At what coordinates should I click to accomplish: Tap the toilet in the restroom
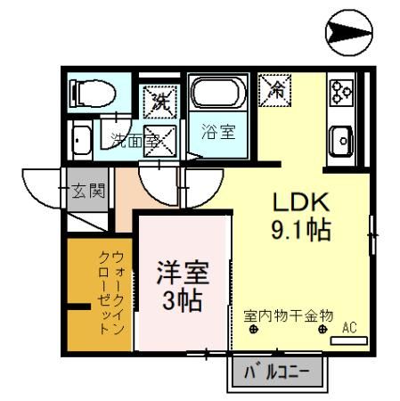click(x=94, y=92)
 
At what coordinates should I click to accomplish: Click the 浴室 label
click(x=217, y=132)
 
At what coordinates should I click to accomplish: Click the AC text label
click(x=349, y=327)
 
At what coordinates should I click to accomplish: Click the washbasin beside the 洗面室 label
click(x=80, y=143)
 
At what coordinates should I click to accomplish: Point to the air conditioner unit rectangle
click(x=356, y=340)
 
